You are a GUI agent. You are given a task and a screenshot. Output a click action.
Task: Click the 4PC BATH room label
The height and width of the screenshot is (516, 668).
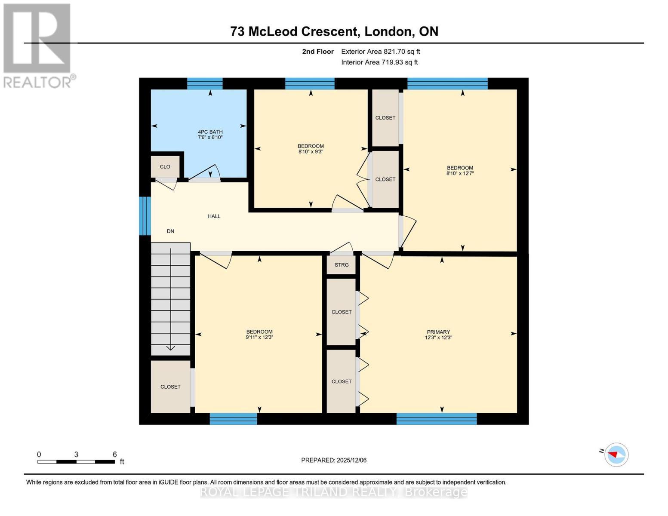210,132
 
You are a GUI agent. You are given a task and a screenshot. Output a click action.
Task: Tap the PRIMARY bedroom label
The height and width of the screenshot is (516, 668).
438,332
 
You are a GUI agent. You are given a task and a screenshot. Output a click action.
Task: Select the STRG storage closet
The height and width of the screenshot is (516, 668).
342,265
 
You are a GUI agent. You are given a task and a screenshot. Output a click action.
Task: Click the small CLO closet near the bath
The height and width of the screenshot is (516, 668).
165,167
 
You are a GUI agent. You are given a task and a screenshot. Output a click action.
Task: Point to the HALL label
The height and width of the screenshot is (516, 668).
214,216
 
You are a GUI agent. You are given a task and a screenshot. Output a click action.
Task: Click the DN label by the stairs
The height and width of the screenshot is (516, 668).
170,231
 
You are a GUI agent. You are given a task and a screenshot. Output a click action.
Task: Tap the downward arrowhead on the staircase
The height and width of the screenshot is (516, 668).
170,347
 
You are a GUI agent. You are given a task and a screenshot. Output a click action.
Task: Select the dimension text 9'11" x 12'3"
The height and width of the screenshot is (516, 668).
259,338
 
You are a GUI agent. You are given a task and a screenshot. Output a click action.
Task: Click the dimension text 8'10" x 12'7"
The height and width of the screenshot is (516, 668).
460,174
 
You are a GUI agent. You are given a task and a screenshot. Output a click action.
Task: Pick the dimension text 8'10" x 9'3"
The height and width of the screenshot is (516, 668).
311,152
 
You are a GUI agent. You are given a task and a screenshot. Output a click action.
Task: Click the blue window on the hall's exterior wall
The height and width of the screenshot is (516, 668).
145,216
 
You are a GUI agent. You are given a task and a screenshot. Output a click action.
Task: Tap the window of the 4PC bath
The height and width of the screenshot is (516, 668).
205,83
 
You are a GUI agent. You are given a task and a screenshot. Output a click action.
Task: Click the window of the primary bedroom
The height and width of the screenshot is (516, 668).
436,419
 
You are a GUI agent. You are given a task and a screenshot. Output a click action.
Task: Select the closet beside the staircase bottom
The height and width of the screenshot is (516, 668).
170,387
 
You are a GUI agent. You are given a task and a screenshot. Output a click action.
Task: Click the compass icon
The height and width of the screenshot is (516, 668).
616,454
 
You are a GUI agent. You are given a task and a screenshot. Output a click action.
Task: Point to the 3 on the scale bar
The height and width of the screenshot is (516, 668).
76,455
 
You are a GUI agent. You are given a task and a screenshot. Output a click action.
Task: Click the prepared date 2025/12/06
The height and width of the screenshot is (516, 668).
351,460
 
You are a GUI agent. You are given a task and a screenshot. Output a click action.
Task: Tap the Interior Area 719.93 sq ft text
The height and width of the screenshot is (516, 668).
379,62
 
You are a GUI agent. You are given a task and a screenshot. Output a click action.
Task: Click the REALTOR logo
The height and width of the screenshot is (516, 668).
38,45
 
